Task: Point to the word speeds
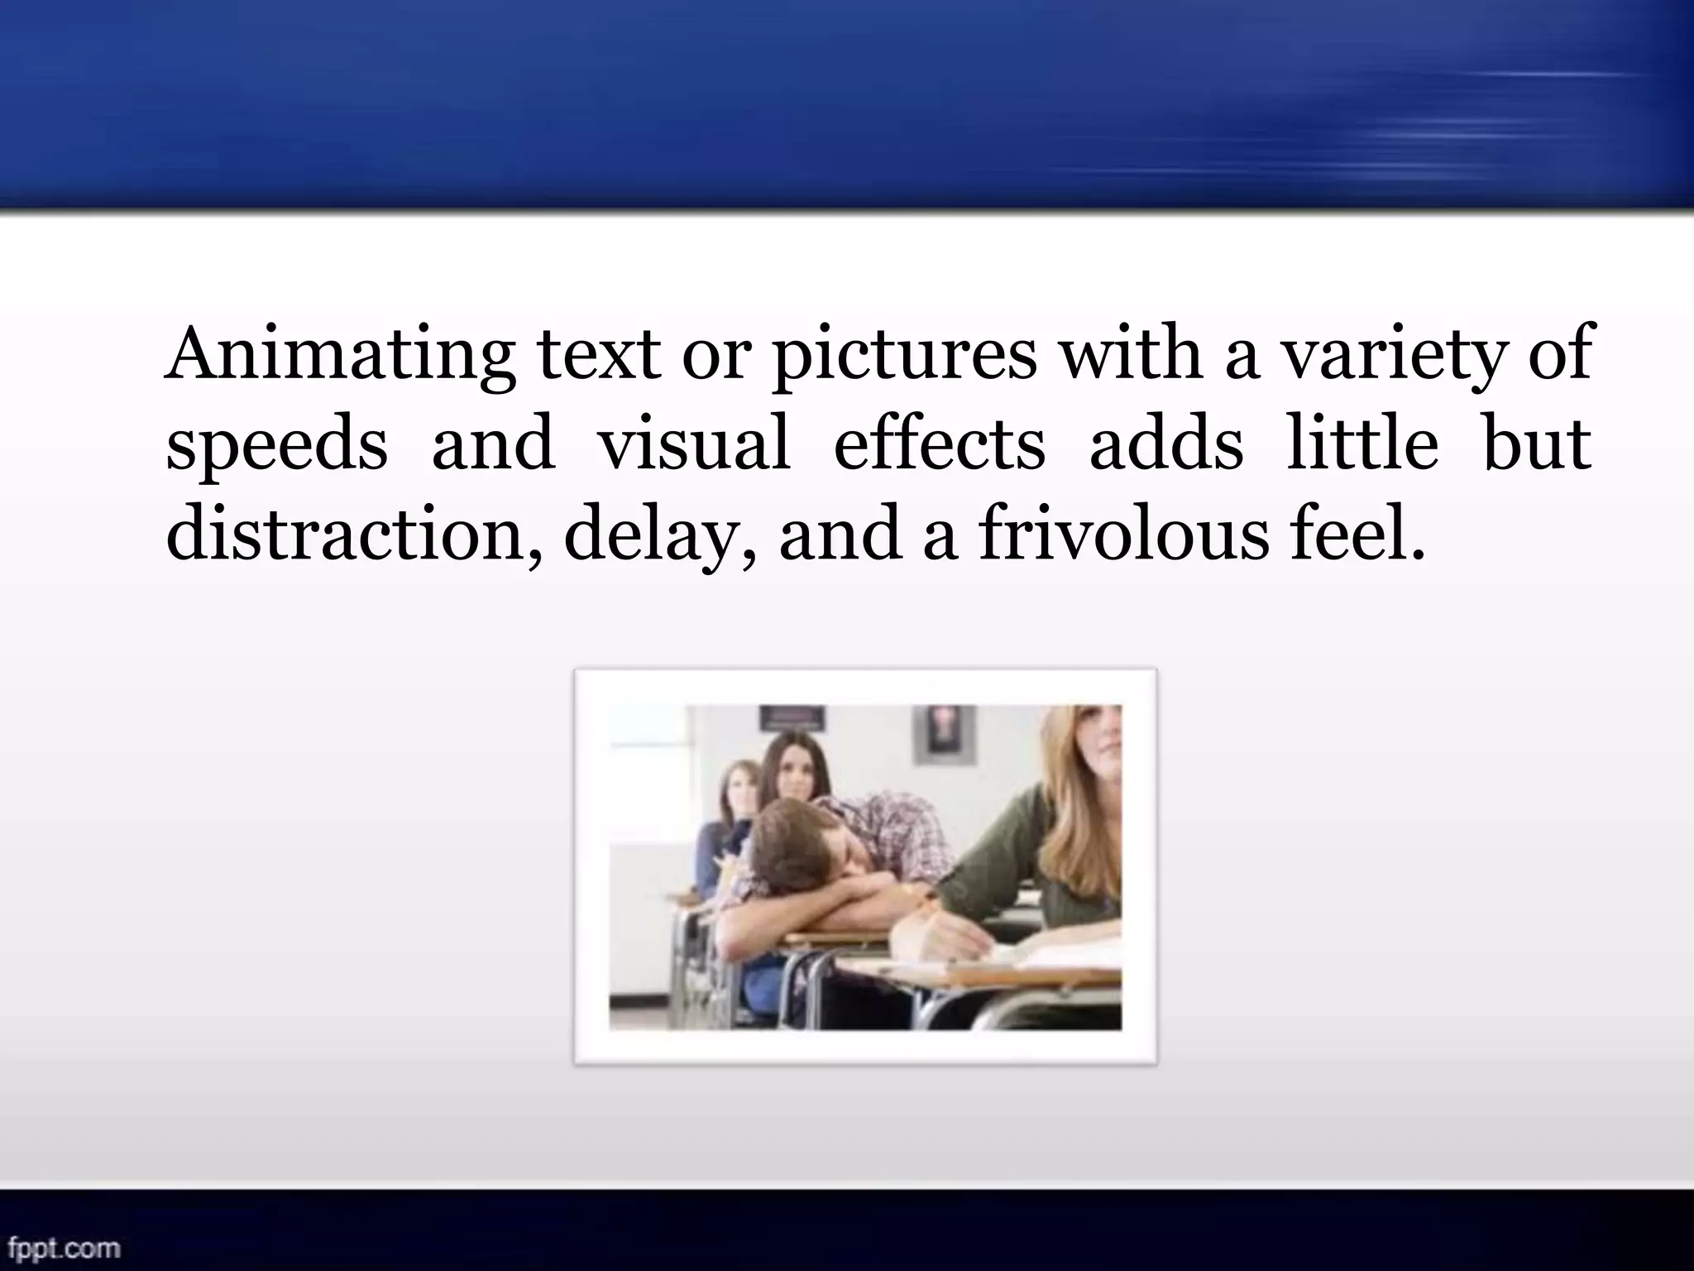click(x=276, y=445)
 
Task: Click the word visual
click(x=693, y=444)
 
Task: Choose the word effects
click(x=939, y=444)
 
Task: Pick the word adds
click(x=1165, y=444)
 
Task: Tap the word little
click(x=1361, y=444)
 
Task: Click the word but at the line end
click(x=1537, y=444)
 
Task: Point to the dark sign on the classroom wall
click(x=792, y=717)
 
